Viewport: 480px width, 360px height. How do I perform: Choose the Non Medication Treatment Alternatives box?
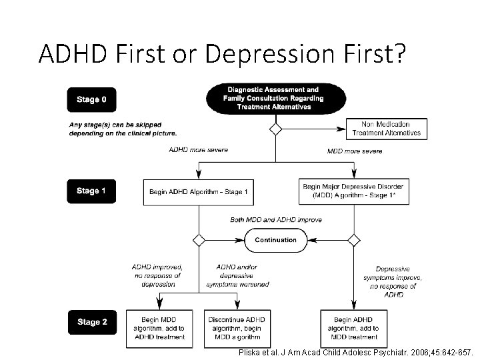click(x=386, y=128)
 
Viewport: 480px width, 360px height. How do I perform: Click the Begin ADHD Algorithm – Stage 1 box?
click(x=198, y=192)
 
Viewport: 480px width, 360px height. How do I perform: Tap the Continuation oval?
click(x=275, y=240)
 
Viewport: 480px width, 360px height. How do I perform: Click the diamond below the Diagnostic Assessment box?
click(x=275, y=129)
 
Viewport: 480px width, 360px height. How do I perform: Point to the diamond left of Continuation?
click(x=198, y=240)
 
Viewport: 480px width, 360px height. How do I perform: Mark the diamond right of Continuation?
click(x=354, y=240)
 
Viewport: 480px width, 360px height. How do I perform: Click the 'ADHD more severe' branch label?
click(x=198, y=150)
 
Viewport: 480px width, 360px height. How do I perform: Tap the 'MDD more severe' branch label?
click(x=355, y=151)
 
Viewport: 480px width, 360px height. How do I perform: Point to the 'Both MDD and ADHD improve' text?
click(x=275, y=219)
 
